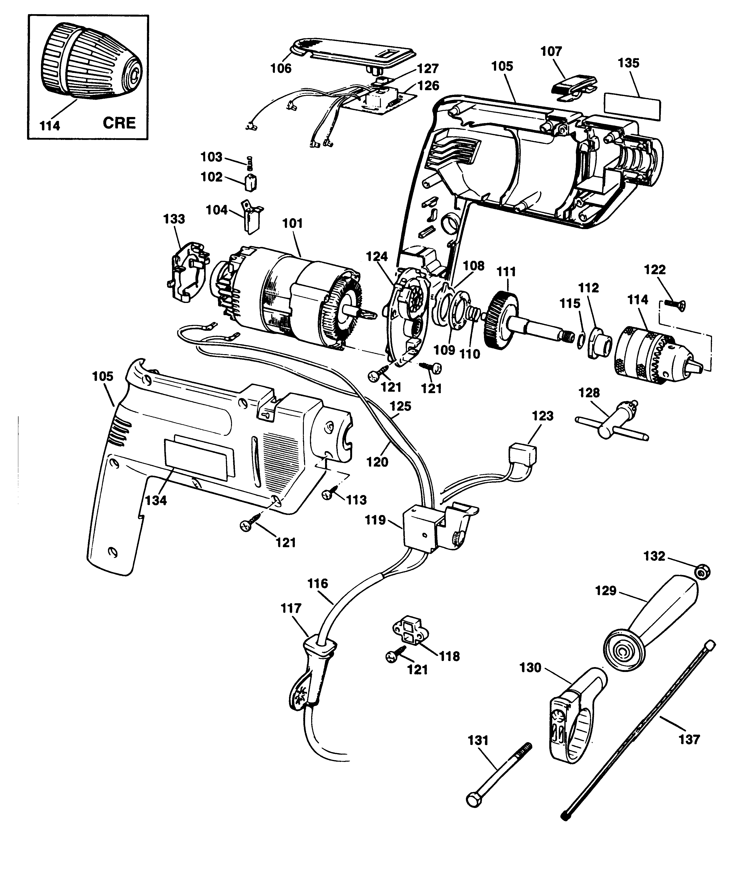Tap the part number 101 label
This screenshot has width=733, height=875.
coord(292,223)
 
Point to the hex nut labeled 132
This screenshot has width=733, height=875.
coord(702,573)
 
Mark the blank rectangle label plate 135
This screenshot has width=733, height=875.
coord(632,107)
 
